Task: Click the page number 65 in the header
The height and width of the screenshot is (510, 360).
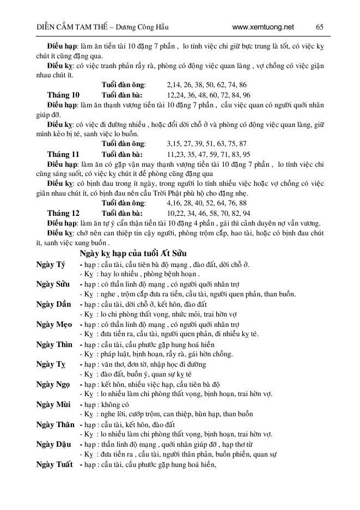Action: tap(320, 26)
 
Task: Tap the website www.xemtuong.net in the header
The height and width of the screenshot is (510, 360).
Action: tap(263, 26)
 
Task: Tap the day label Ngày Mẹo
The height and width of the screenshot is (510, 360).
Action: tap(53, 325)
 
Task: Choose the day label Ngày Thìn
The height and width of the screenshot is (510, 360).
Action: tap(53, 345)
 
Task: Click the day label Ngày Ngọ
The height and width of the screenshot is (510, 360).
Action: tap(53, 385)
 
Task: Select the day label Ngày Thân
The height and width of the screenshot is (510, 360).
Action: tap(55, 424)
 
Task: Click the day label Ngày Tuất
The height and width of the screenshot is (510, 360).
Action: tap(54, 464)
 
